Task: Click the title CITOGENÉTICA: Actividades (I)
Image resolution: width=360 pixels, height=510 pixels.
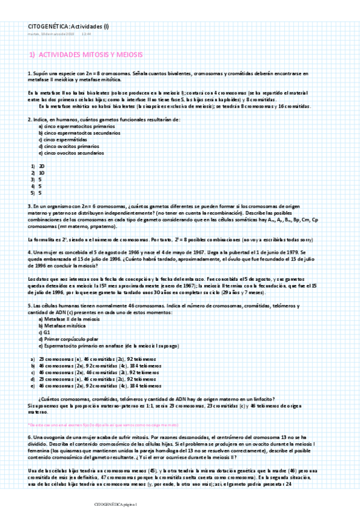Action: pyautogui.click(x=69, y=26)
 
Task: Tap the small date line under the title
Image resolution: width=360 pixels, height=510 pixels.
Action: pyautogui.click(x=51, y=34)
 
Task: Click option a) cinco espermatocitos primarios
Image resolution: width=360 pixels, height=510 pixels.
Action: pyautogui.click(x=77, y=127)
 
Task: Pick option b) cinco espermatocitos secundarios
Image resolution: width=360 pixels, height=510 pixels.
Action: pyautogui.click(x=80, y=133)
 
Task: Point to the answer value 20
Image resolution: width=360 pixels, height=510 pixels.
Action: pyautogui.click(x=41, y=165)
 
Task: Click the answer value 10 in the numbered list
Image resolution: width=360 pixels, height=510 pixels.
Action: pyautogui.click(x=41, y=172)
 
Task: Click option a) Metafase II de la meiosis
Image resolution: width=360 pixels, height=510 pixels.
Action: pyautogui.click(x=69, y=319)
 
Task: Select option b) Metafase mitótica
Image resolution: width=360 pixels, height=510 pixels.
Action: pyautogui.click(x=62, y=325)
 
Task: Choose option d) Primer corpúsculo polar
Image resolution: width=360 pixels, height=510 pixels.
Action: pyautogui.click(x=68, y=339)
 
